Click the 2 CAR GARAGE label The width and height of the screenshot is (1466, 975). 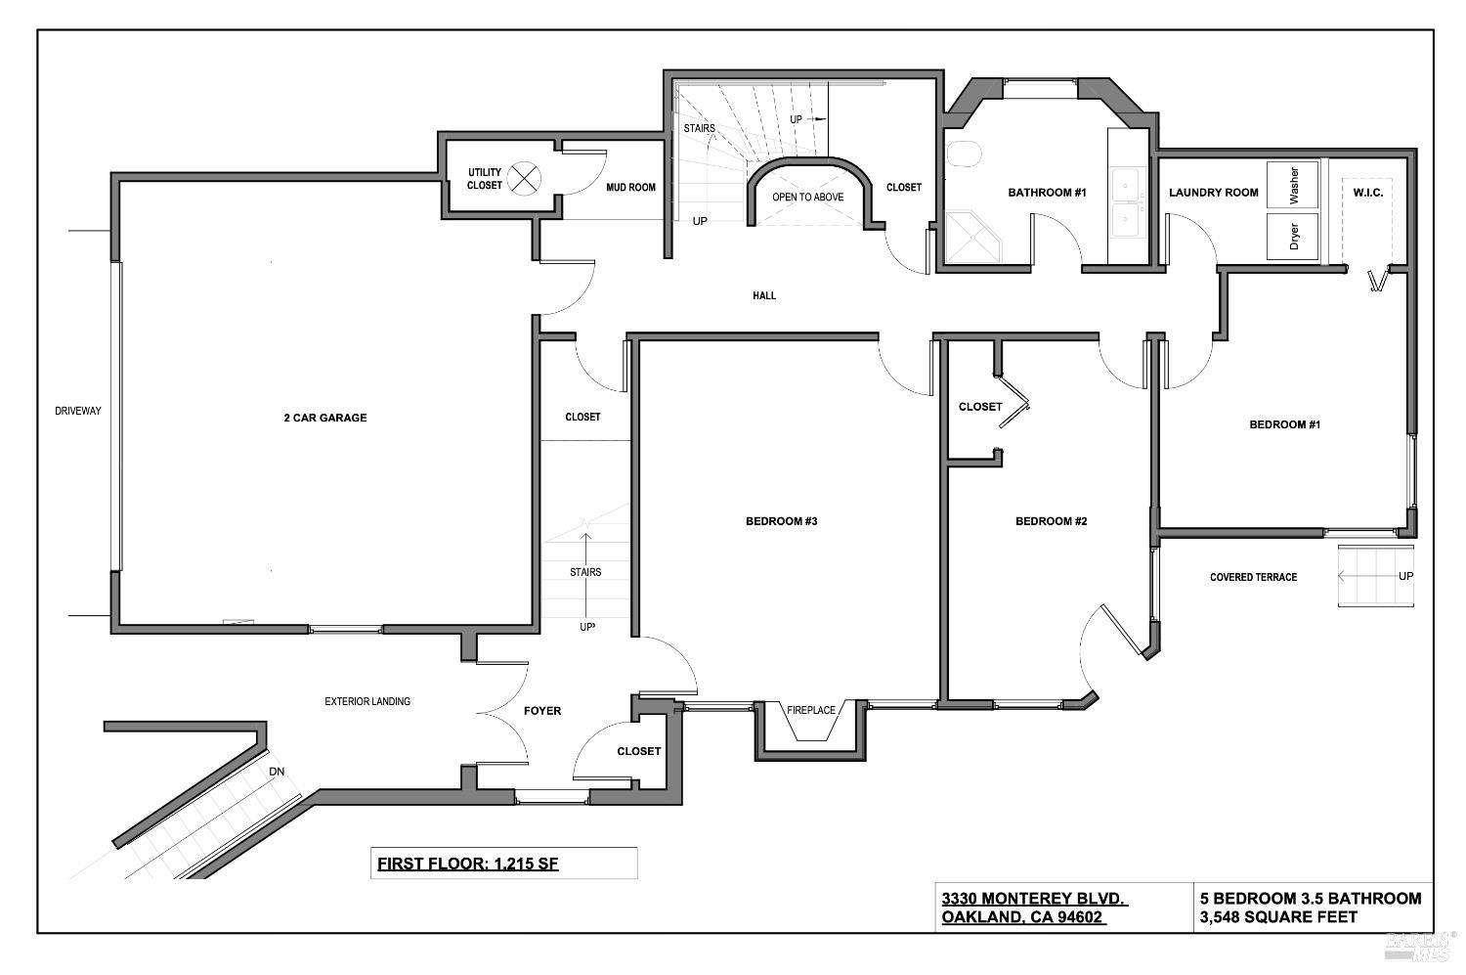(324, 418)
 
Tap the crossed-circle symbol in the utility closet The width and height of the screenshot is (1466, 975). (527, 178)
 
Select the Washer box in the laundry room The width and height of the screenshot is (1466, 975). (1293, 184)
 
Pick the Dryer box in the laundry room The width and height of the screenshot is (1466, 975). (1293, 237)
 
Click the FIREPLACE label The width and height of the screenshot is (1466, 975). (811, 710)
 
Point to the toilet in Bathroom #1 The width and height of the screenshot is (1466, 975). (964, 155)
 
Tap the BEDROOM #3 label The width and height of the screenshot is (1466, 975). (781, 521)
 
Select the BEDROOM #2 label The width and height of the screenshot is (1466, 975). (1051, 521)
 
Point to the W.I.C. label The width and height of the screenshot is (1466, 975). (1367, 193)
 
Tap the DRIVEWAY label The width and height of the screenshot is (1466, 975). (77, 411)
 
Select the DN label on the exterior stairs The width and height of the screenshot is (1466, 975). (278, 771)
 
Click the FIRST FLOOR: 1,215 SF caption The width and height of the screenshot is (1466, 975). (467, 864)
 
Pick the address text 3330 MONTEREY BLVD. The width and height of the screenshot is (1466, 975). (1034, 899)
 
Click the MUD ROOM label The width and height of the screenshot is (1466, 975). (630, 188)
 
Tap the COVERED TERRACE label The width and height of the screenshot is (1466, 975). (1253, 577)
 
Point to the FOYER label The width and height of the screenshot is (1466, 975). (542, 711)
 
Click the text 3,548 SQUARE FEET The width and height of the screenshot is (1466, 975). (1278, 917)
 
